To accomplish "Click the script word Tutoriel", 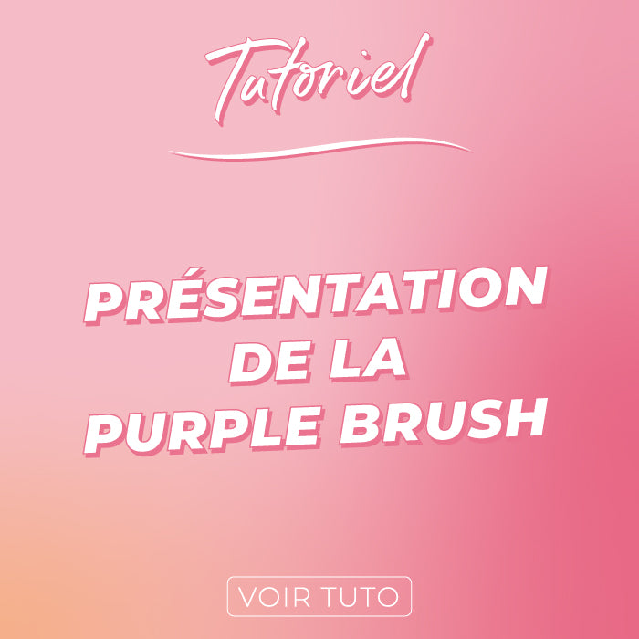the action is pyautogui.click(x=318, y=78).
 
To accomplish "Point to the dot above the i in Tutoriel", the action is pyautogui.click(x=365, y=53).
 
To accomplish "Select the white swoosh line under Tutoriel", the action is pyautogui.click(x=319, y=149).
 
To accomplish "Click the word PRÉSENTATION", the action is pyautogui.click(x=316, y=294).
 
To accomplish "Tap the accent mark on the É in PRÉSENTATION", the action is pyautogui.click(x=193, y=272).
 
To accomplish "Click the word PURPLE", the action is pyautogui.click(x=201, y=432).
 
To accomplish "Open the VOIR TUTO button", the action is pyautogui.click(x=319, y=596).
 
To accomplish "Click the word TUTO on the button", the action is pyautogui.click(x=360, y=597).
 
